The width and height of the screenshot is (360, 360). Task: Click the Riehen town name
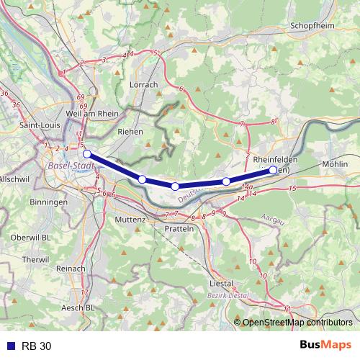click(130, 132)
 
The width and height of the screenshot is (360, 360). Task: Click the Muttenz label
click(130, 219)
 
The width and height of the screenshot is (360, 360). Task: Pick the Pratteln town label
click(180, 228)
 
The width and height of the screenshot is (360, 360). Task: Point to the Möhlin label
click(336, 164)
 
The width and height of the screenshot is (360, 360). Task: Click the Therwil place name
click(35, 259)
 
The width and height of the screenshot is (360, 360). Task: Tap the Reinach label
click(71, 268)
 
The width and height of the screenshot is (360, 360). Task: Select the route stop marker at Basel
click(86, 153)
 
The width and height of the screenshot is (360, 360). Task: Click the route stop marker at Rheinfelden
click(273, 170)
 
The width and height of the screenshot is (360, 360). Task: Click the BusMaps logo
click(325, 345)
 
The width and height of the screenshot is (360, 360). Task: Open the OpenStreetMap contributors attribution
click(297, 322)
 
